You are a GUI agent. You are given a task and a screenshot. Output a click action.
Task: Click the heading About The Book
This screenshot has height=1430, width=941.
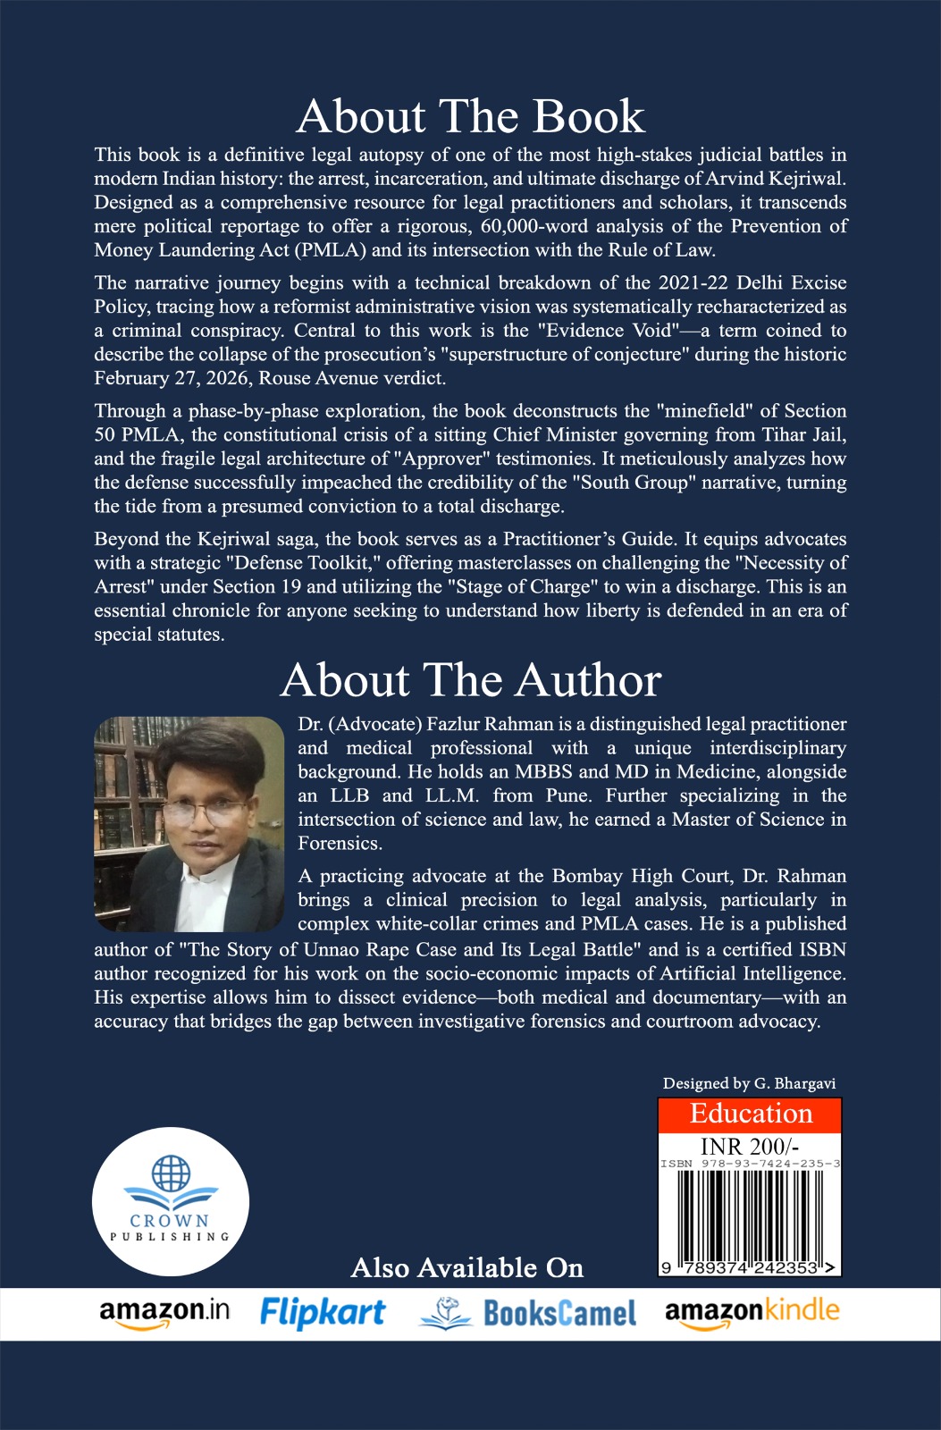coord(470,116)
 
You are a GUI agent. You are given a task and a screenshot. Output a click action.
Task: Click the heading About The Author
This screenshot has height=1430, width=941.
coord(470,680)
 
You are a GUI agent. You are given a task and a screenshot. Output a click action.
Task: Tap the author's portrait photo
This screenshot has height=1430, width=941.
coord(189,824)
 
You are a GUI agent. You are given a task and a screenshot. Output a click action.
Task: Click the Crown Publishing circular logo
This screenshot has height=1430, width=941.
coord(170,1198)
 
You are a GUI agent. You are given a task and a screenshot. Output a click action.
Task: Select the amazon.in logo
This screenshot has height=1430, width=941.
coord(164,1312)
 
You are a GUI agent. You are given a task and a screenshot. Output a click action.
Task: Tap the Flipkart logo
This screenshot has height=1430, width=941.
coord(323,1312)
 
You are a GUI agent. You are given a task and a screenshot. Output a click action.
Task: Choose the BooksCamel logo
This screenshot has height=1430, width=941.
coord(528,1313)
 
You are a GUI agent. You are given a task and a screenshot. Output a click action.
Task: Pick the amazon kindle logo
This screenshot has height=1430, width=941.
coord(752,1312)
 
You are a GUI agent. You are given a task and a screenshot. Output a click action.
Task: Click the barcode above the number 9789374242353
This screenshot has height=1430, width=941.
coord(750,1214)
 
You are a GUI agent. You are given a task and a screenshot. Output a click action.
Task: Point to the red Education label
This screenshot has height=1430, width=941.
coord(751,1114)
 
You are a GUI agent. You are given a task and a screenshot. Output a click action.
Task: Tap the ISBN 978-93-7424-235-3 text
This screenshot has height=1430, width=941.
coord(750,1164)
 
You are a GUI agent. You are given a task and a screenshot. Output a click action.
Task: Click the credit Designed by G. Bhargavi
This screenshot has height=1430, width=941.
coord(749,1083)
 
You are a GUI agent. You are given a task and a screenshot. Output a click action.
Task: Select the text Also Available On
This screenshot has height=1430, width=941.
coord(467,1267)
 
